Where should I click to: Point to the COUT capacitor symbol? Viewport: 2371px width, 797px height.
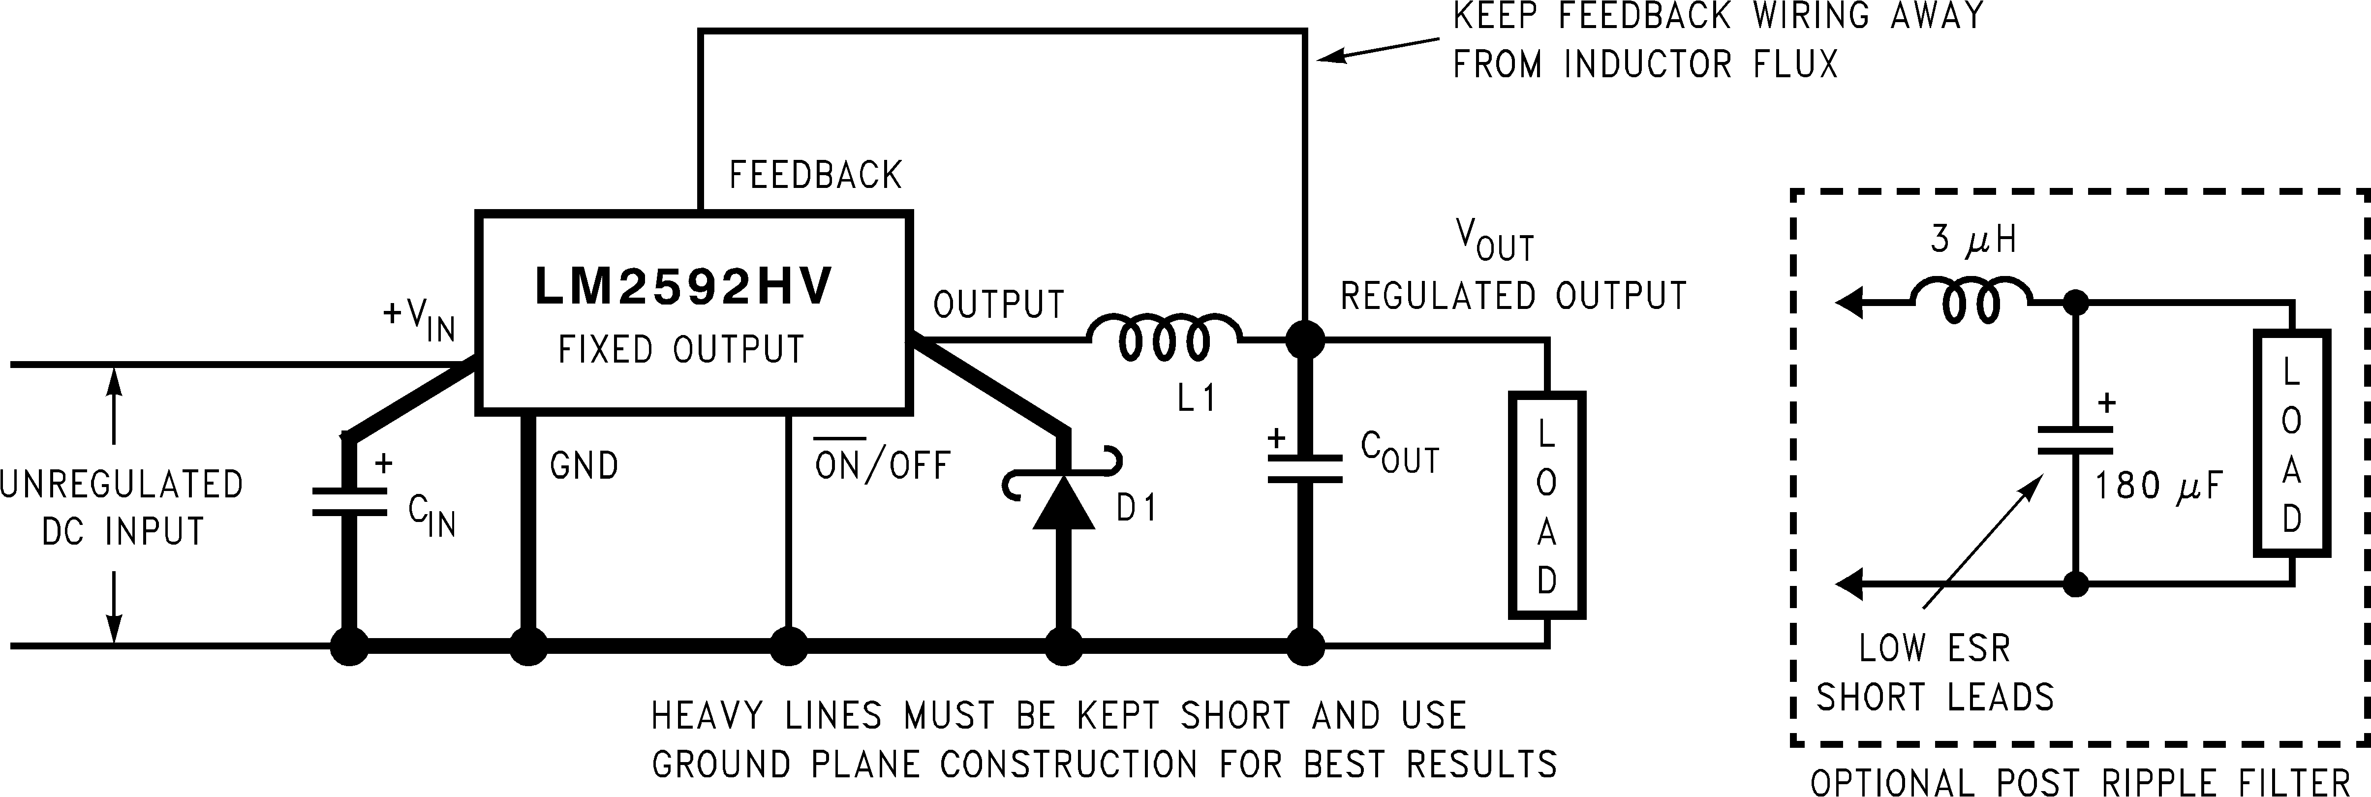[1304, 467]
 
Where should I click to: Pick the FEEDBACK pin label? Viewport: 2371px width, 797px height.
[815, 175]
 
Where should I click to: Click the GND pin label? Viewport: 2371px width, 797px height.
[584, 466]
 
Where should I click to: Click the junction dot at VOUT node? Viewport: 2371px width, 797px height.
[1304, 339]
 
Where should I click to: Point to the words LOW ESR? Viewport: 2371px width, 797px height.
[1934, 649]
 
